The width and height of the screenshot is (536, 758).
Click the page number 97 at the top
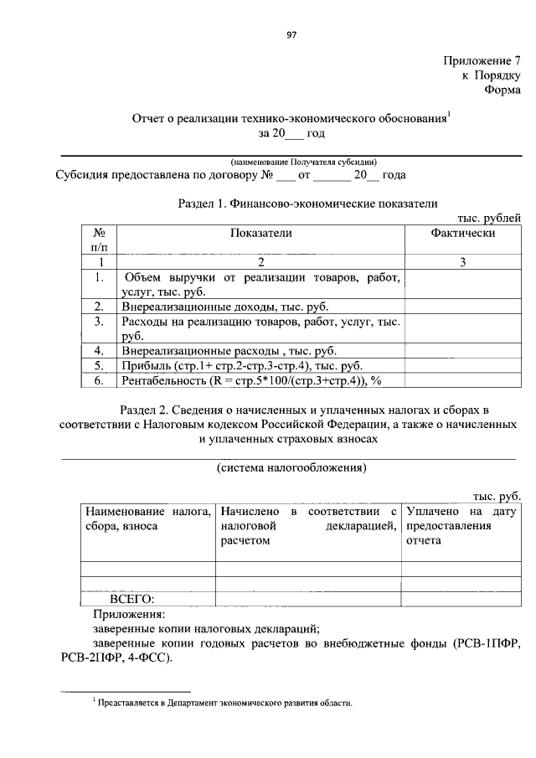point(291,34)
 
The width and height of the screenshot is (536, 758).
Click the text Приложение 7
point(482,60)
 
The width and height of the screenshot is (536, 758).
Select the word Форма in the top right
point(502,90)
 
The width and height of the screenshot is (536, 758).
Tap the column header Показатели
point(260,234)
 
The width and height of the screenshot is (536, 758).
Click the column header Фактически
point(462,234)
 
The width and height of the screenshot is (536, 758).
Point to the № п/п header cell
point(99,240)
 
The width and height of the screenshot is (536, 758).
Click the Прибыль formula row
point(241,366)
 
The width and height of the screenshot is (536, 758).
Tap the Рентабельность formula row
point(251,381)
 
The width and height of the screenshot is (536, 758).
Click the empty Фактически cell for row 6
point(462,381)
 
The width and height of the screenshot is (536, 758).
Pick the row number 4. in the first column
point(99,351)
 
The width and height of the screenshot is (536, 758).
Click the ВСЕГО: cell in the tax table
point(133,598)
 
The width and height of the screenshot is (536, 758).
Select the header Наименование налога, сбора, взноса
point(147,518)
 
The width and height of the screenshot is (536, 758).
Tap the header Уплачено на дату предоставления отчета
point(461,525)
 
